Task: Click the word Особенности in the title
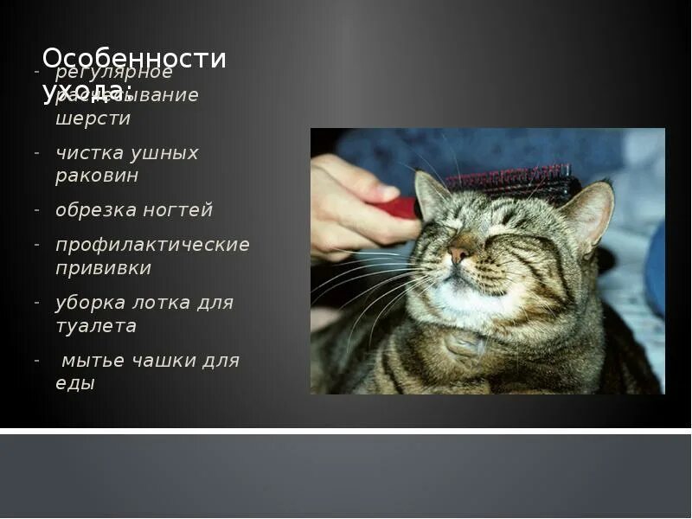click(134, 59)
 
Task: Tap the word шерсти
click(93, 119)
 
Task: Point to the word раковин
click(97, 176)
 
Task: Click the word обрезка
click(92, 210)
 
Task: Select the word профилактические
click(152, 245)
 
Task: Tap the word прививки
click(103, 268)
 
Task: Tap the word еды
click(75, 383)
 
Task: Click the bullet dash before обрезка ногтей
click(37, 210)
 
